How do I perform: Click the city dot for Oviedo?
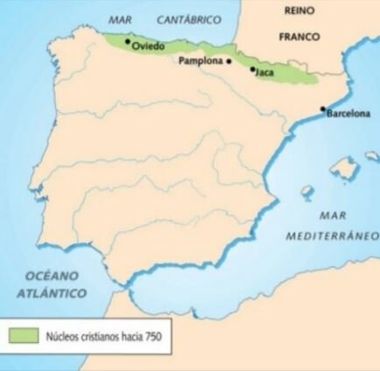coord(128,40)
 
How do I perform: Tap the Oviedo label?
coord(148,46)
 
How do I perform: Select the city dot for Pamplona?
coord(229,61)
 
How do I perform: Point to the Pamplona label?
coord(200,61)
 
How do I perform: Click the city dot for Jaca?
coord(253,68)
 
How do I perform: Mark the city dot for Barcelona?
coord(323,108)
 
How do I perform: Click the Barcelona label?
coord(348,115)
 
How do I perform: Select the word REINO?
coord(300,10)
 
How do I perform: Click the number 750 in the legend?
coord(153,334)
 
